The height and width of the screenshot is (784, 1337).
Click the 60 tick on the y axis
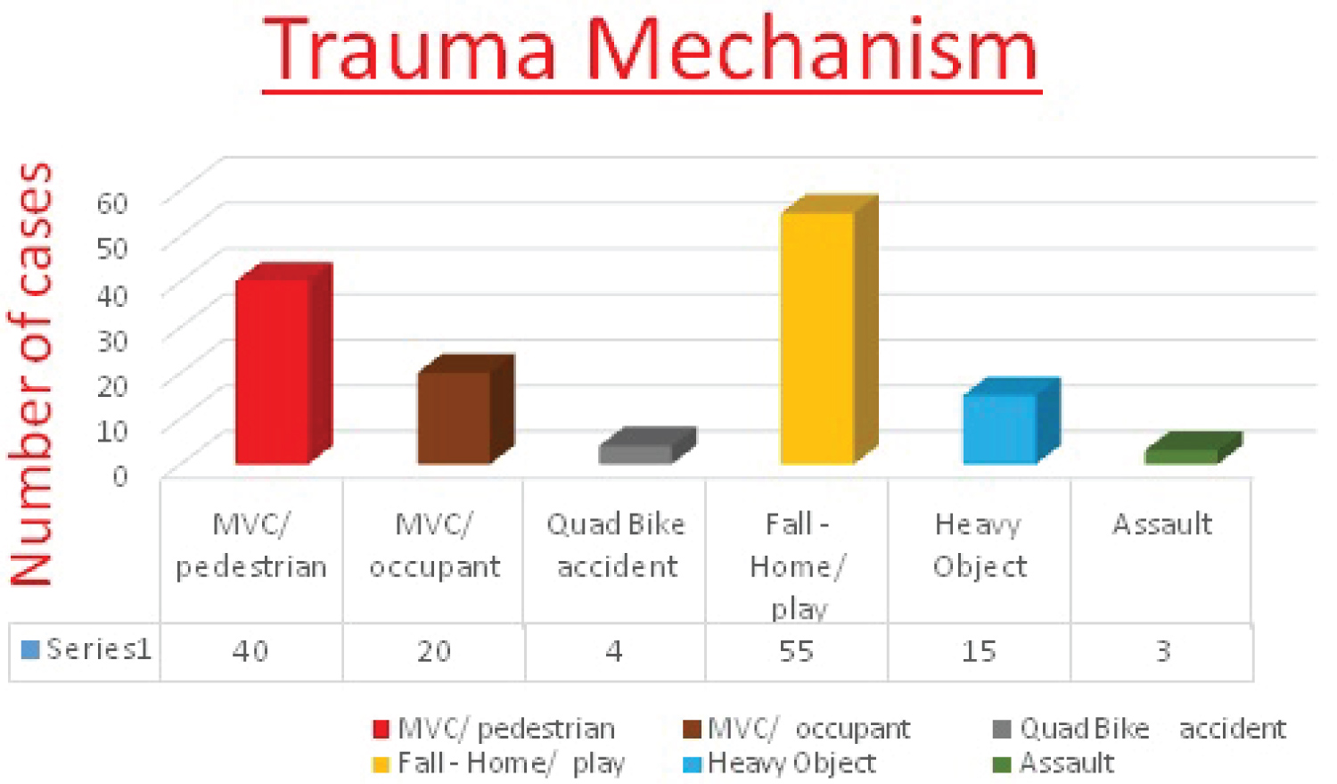[112, 203]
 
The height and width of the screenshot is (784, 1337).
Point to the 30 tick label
[112, 341]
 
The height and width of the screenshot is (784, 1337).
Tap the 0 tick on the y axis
[120, 476]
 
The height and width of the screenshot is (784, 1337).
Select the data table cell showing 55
[796, 651]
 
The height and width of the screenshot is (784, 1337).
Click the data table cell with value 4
[614, 651]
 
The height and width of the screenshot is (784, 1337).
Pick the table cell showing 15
[979, 651]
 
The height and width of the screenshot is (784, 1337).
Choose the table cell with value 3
[1162, 651]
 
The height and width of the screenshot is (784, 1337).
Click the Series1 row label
[98, 649]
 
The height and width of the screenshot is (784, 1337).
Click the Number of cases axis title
[31, 375]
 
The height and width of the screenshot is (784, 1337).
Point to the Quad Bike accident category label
[616, 546]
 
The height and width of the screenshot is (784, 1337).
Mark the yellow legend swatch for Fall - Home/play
[381, 764]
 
